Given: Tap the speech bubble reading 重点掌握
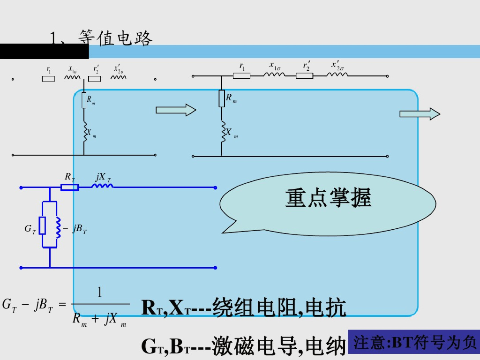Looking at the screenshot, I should pos(328,198).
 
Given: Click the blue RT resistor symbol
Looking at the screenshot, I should pos(69,187).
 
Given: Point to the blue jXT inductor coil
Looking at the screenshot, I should pos(102,187).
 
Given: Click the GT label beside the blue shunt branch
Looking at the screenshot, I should pos(30,229).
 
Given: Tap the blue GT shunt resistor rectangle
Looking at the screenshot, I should pos(43,225).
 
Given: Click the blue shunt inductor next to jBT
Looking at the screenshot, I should pos(58,227).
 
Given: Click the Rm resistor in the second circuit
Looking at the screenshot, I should pos(222,98).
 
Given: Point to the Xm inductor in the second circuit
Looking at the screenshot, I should pos(223,132).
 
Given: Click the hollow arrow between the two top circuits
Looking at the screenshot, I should pos(176,110).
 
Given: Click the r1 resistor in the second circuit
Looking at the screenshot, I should pos(242,75).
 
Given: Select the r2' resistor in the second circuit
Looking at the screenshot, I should pos(305,75).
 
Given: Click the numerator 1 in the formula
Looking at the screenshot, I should pos(99,293).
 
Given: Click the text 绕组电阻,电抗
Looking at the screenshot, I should pos(279,308).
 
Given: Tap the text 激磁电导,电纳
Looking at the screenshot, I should pos(279,346).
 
